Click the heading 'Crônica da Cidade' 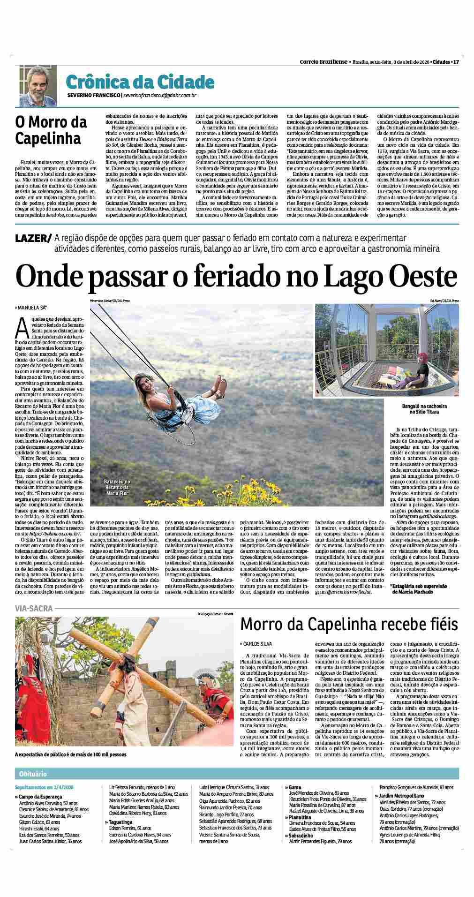[x=140, y=82]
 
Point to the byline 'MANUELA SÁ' [x=33, y=308]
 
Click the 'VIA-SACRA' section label [x=33, y=608]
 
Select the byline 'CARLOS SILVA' [x=257, y=644]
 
